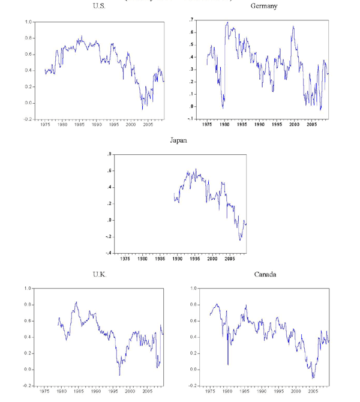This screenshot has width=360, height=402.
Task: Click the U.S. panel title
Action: [x=98, y=6]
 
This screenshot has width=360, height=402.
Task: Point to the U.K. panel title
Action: [x=98, y=275]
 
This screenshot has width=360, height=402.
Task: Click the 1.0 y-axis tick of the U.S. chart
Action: [x=28, y=22]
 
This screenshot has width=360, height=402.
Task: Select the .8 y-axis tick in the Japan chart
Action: [x=109, y=155]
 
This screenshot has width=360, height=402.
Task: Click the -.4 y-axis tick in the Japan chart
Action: [x=108, y=253]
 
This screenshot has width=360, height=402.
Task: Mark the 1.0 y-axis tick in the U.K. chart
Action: [x=28, y=289]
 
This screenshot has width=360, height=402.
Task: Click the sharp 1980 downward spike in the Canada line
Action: [x=228, y=364]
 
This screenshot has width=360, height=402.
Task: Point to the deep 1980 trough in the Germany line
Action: [x=223, y=108]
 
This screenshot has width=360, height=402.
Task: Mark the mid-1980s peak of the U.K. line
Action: [x=76, y=302]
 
